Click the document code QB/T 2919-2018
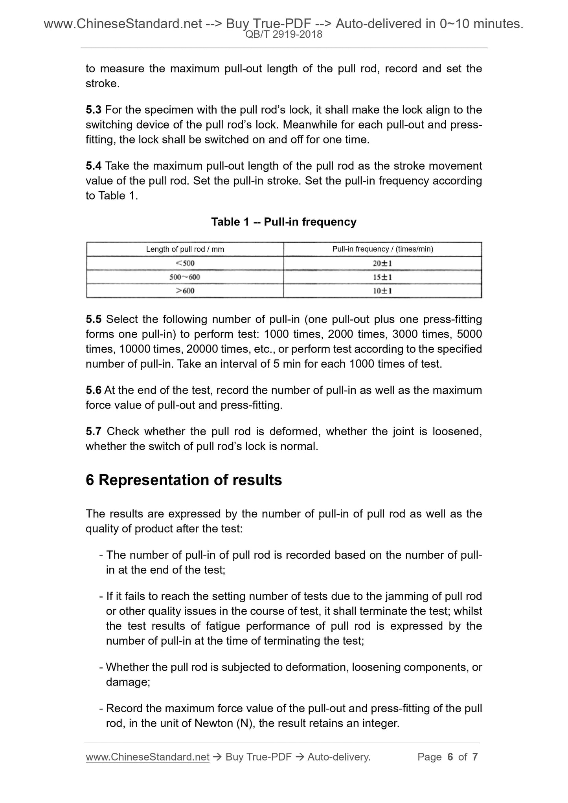coord(283,35)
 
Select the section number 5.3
coord(94,110)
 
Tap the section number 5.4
coord(94,166)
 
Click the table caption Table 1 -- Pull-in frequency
coord(283,222)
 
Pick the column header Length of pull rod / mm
coord(185,249)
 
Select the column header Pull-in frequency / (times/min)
coord(382,249)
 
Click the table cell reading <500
coord(185,263)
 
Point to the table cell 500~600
coord(185,277)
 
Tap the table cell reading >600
coord(185,291)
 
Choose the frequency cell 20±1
coord(382,263)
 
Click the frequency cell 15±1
coord(382,277)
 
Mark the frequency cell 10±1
coord(382,291)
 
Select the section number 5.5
coord(94,319)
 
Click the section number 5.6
coord(94,390)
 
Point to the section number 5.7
coord(94,431)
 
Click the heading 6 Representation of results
coord(184,480)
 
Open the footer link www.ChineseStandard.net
coord(147,757)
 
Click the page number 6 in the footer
coord(450,757)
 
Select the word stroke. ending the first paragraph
coord(102,84)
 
